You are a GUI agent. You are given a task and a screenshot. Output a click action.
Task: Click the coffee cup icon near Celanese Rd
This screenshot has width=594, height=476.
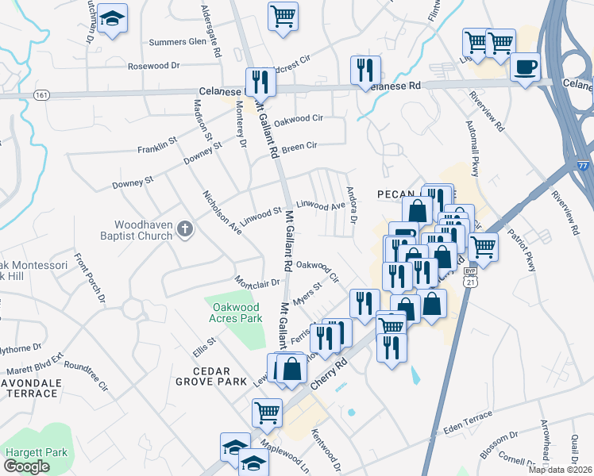[524, 66]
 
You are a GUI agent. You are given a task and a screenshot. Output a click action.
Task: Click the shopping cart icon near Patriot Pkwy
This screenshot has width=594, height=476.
[483, 247]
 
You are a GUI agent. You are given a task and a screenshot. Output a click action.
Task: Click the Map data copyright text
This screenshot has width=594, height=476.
[561, 470]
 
